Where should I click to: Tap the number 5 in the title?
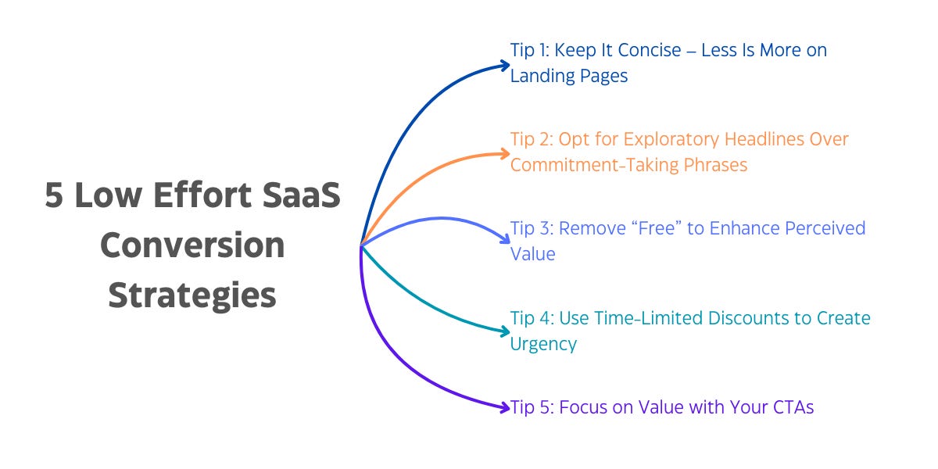pos(53,195)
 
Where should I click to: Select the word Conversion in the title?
pos(192,245)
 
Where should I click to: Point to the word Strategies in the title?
pos(192,295)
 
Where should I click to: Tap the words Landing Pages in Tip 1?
pos(568,77)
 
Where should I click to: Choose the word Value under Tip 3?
pos(533,254)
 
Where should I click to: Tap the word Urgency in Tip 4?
pos(544,344)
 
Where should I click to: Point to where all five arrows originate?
pos(361,245)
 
